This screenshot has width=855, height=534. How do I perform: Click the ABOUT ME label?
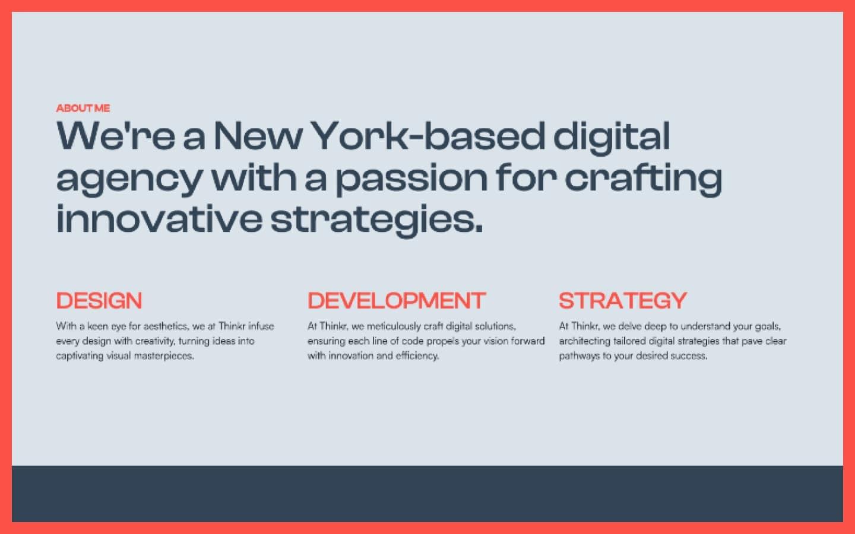83,108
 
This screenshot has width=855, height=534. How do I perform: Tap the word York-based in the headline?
427,136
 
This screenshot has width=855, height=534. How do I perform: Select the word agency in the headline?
129,179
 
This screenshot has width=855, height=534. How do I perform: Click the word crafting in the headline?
643,179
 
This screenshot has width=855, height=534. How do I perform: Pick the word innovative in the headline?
159,219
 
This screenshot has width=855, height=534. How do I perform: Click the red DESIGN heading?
99,301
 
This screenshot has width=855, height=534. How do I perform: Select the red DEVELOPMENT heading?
397,301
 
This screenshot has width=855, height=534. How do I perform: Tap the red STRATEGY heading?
622,301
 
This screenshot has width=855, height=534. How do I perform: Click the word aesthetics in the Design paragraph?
166,326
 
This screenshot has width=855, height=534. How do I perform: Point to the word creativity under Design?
155,341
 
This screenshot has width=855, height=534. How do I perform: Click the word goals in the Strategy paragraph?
768,326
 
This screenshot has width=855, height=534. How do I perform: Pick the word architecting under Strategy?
584,341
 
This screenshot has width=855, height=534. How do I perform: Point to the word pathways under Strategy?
579,356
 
